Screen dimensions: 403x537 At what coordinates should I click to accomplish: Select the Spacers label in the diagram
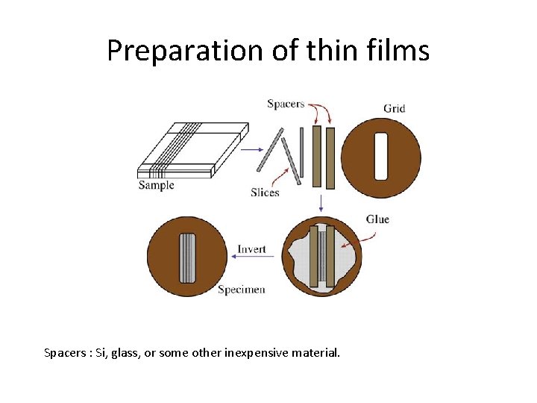[286, 104]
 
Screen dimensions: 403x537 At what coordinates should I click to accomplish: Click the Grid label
[394, 108]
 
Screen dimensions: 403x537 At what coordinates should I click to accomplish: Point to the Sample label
[156, 185]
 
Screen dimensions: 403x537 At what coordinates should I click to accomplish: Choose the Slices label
[265, 192]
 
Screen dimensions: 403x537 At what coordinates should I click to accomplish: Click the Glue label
[377, 219]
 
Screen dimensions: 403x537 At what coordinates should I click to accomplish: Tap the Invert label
[251, 249]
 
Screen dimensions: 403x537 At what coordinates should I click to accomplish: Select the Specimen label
[241, 290]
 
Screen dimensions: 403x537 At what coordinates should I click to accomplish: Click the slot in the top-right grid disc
[380, 157]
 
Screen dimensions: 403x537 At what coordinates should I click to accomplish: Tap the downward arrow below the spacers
[321, 202]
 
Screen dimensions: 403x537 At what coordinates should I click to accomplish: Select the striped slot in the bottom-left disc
[187, 258]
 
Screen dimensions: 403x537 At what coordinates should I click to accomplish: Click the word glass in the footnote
[127, 352]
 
